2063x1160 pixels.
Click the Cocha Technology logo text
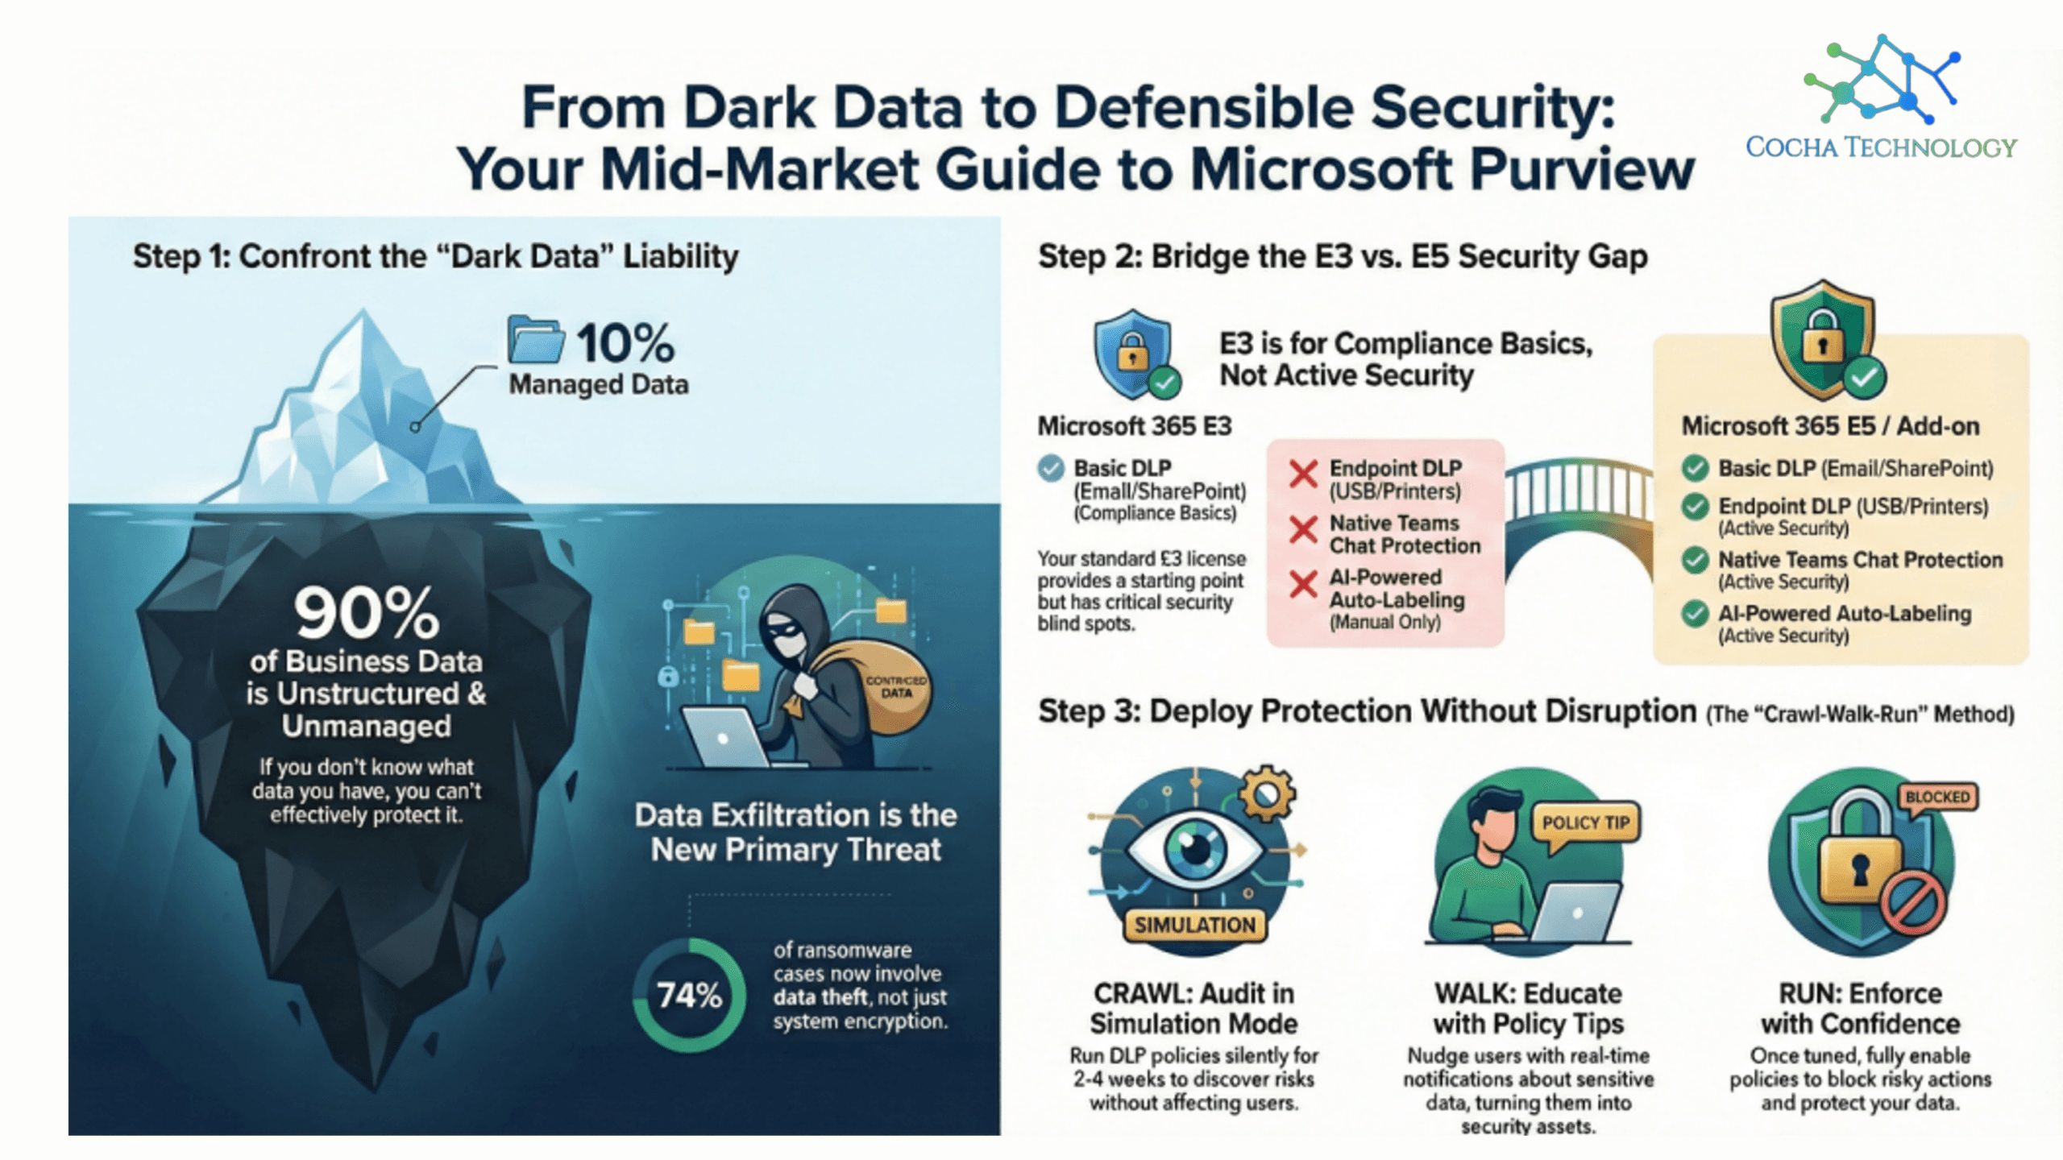1881,147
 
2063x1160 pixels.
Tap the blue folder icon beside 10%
536,339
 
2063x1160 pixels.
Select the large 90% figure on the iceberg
367,612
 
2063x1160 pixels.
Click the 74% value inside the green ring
689,996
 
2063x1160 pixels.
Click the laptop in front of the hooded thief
725,737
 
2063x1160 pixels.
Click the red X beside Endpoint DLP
1303,474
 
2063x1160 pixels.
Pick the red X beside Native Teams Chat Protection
1303,529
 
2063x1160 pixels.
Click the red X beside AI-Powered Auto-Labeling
1303,583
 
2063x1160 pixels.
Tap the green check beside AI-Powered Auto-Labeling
1695,614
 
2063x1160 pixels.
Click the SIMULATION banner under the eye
1194,925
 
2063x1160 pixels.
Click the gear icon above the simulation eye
1267,793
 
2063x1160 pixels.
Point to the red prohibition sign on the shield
1912,903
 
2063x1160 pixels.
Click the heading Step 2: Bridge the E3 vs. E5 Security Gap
1343,256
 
